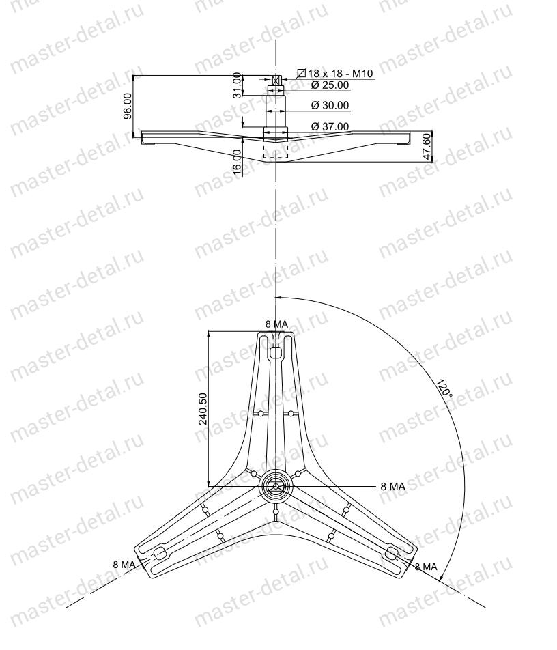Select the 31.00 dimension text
(237, 85)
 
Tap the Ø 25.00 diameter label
(330, 85)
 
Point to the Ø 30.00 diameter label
(330, 105)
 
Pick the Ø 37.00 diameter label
(330, 126)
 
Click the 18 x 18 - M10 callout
(335, 73)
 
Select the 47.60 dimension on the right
(427, 147)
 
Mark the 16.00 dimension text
(237, 162)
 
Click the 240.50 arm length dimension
(203, 409)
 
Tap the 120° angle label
(444, 388)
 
